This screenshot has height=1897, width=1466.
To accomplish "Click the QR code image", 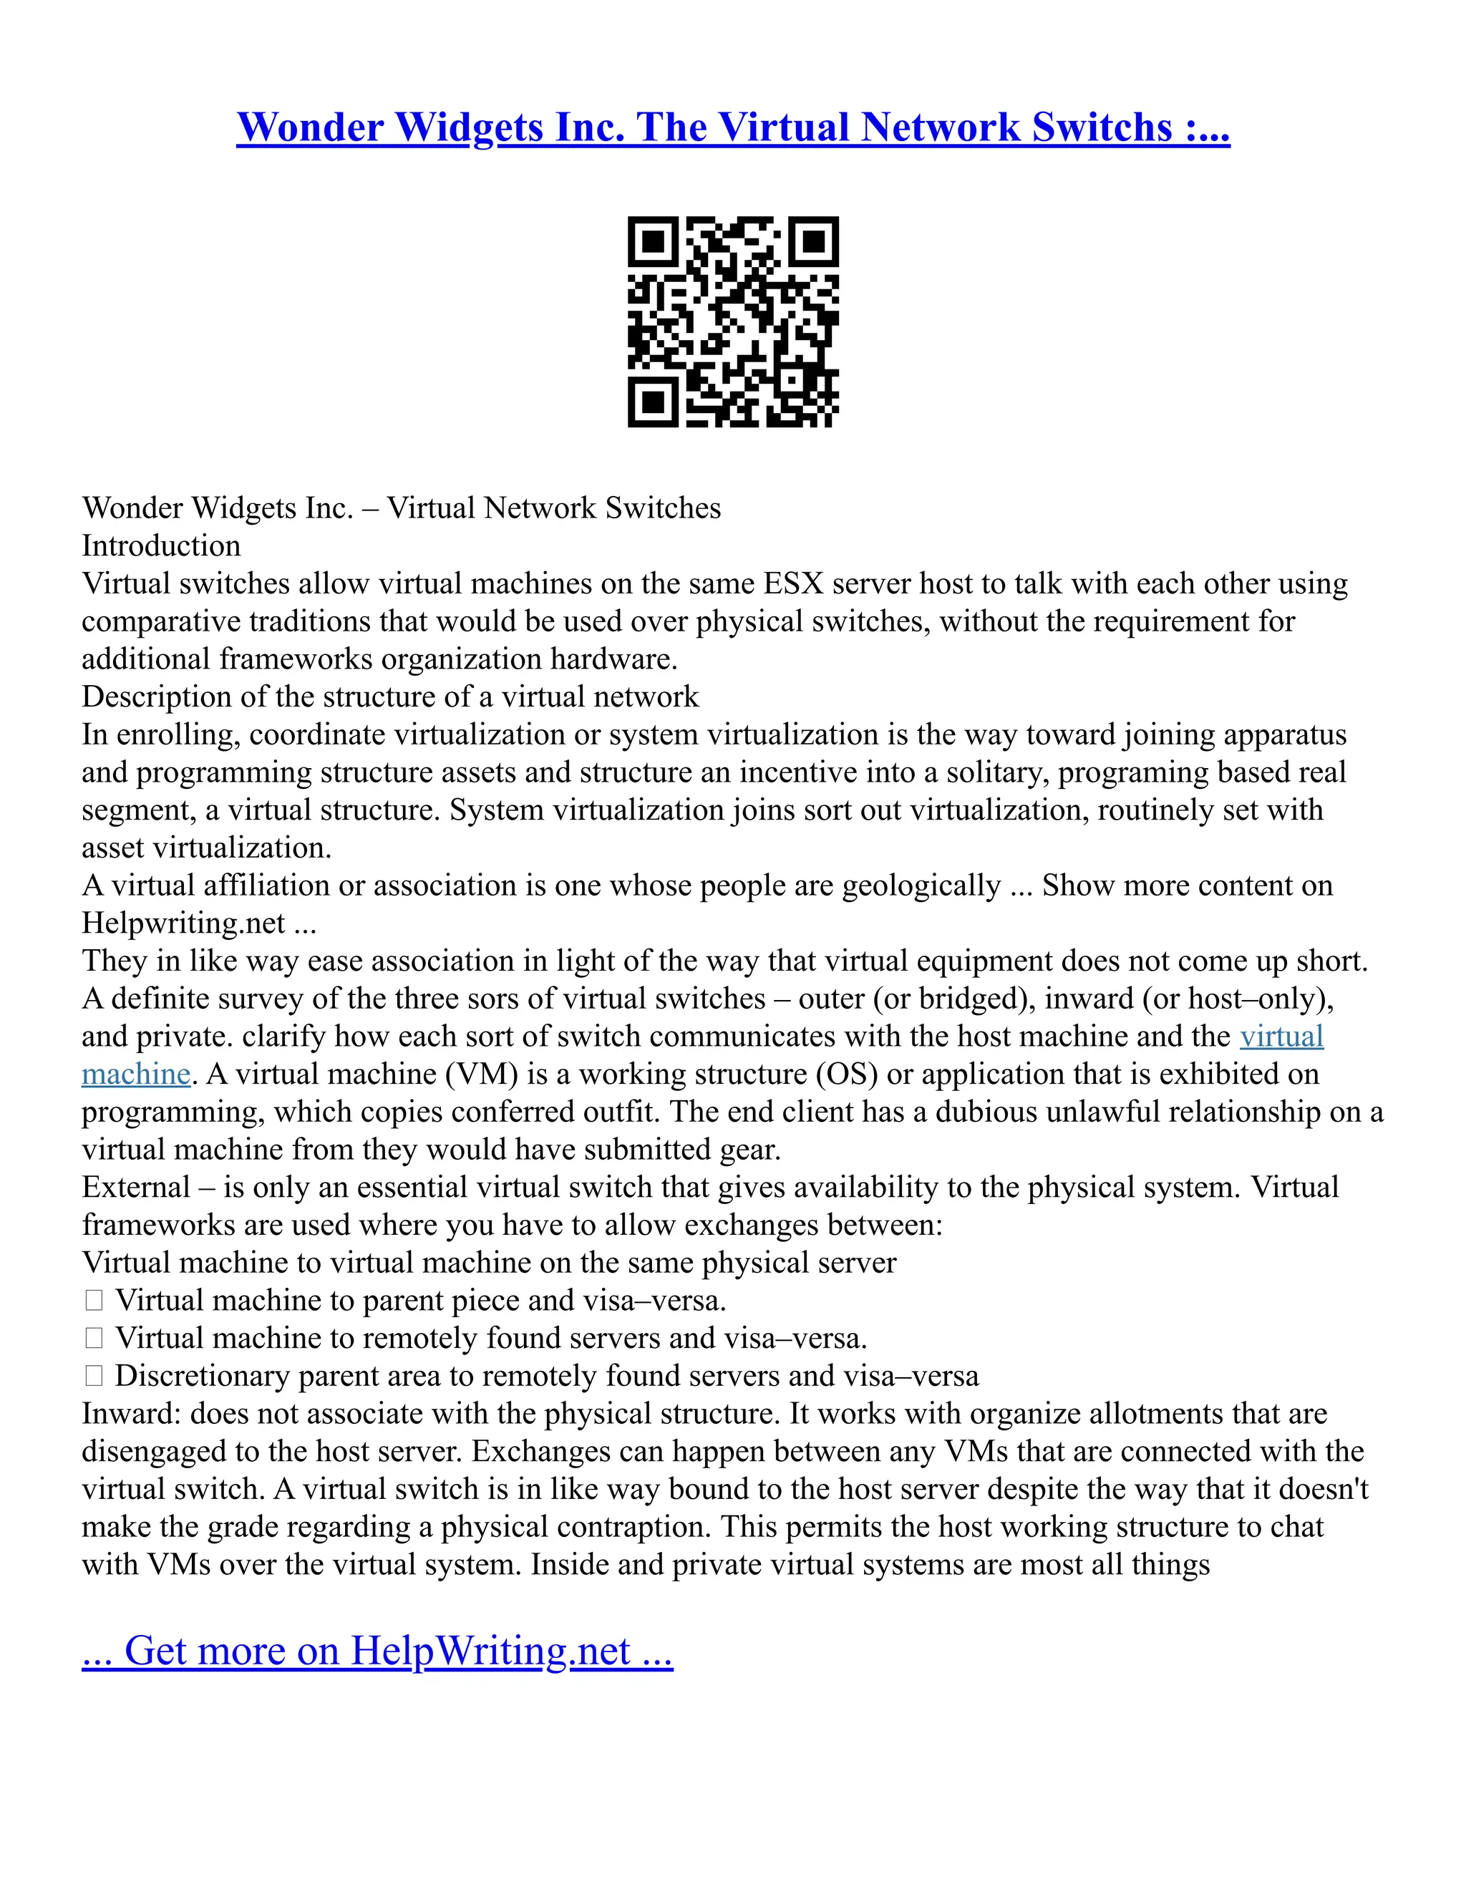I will click(733, 321).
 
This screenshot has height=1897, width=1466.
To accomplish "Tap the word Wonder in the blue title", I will click(310, 127).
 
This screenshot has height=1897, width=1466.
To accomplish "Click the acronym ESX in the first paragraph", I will click(793, 583).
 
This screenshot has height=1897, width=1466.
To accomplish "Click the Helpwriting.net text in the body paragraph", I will click(183, 923).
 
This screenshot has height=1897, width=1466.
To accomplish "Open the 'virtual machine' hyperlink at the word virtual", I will click(1281, 1037).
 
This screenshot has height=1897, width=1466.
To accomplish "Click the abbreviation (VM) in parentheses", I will click(482, 1074).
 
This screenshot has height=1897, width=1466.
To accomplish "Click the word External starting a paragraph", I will click(135, 1188).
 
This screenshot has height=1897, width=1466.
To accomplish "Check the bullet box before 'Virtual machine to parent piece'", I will click(94, 1300).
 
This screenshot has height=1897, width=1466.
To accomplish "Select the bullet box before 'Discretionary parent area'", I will click(94, 1376).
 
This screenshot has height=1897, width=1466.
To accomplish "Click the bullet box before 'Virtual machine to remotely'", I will click(94, 1339).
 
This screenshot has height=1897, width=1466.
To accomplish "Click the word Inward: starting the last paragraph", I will click(131, 1414).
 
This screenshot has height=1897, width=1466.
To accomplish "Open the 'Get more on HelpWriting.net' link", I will click(377, 1650).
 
